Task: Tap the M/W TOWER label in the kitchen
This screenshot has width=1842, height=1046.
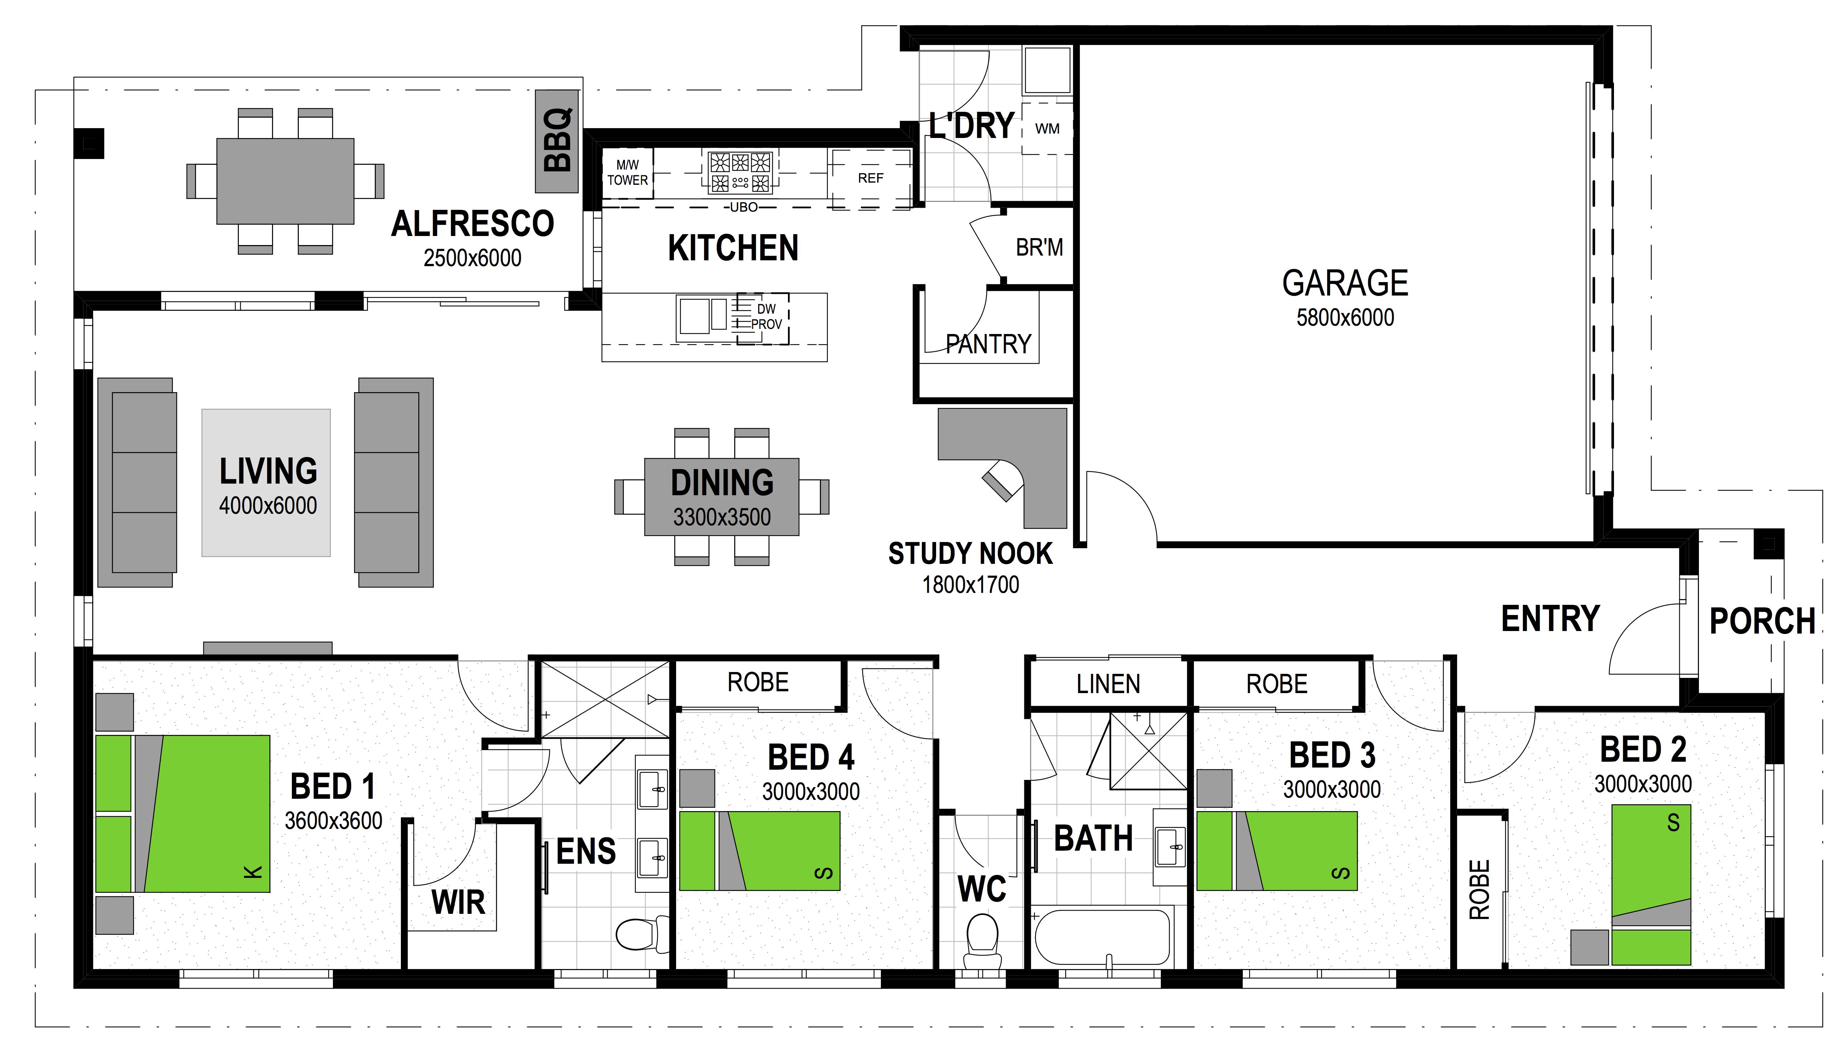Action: pos(627,172)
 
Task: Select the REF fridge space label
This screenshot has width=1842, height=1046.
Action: pos(871,178)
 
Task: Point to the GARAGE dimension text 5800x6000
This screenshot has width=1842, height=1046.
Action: pos(1345,318)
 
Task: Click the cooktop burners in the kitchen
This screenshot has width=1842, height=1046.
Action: pos(740,172)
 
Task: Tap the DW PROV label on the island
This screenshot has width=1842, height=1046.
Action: pos(766,317)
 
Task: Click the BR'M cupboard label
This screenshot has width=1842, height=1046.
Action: pos(1039,248)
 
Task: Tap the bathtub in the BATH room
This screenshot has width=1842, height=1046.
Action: pos(1103,937)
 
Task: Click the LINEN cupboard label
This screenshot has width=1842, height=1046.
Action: pos(1108,684)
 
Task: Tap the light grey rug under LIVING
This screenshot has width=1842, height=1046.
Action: pos(266,483)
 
